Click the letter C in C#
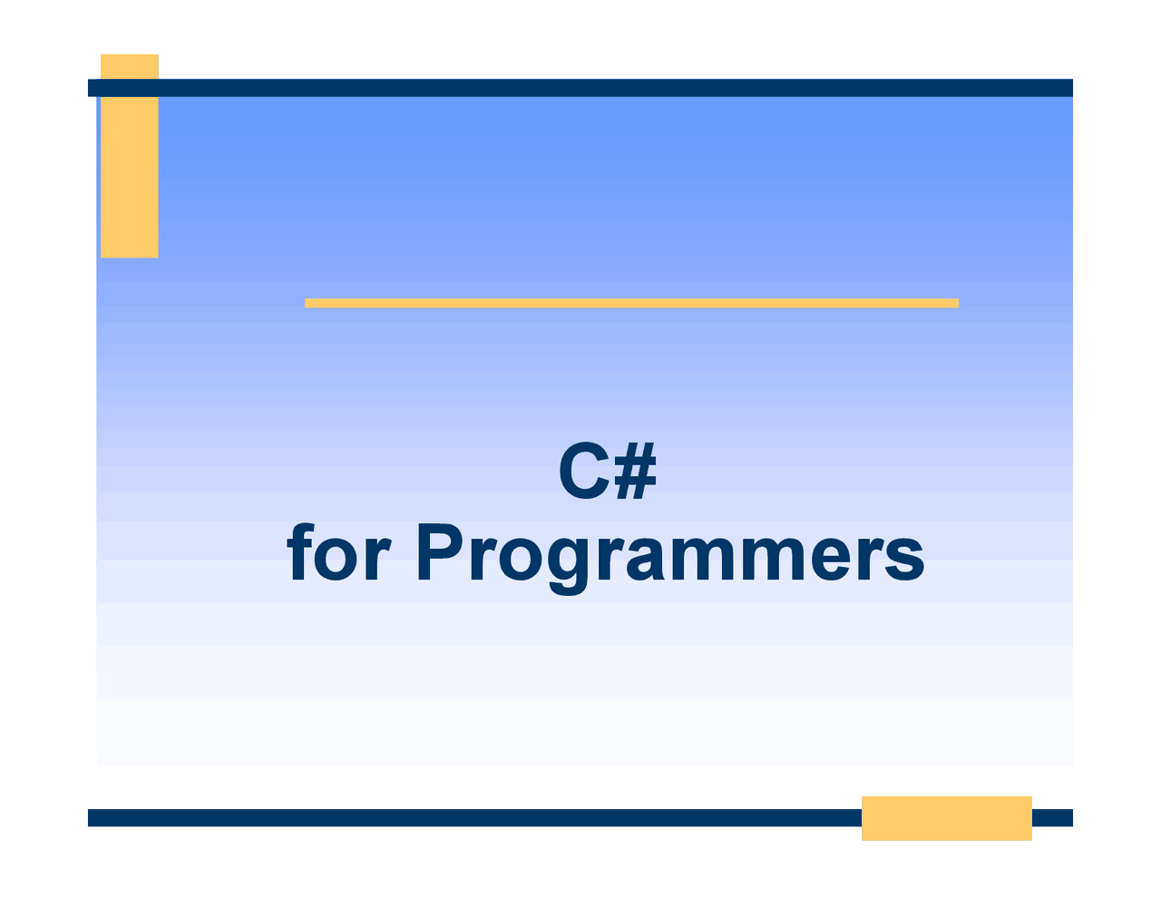click(583, 473)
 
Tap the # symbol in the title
click(635, 473)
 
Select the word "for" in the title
click(338, 554)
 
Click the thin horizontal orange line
click(631, 303)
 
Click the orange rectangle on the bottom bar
click(946, 818)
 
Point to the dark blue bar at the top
click(580, 88)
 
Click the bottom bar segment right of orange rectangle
click(1052, 818)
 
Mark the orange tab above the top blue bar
click(130, 66)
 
